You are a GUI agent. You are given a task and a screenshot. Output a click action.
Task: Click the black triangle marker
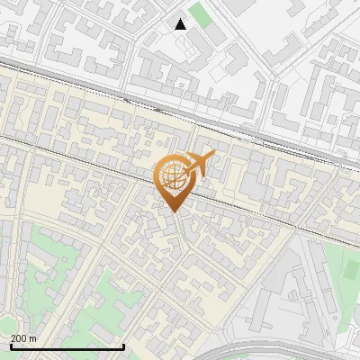coord(181,24)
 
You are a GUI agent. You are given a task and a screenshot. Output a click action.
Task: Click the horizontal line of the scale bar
coord(67,346)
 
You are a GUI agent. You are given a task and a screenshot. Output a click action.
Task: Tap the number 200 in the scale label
coord(20,338)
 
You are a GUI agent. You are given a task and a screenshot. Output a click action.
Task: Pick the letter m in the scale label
coord(33,338)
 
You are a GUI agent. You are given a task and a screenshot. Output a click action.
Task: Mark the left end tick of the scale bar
coord(10,345)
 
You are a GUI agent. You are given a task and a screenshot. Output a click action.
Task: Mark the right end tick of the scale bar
coord(123,345)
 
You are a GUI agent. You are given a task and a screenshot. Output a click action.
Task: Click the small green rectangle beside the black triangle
coord(200,14)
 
